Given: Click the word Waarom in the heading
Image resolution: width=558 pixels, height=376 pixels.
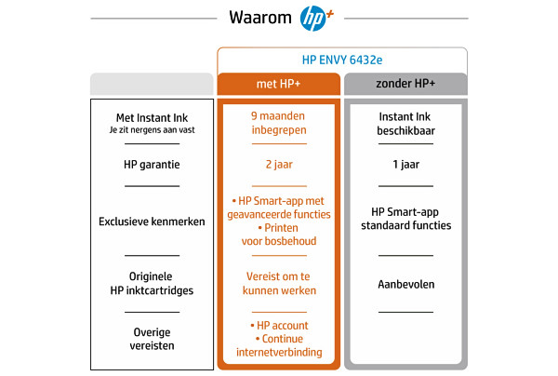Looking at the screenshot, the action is pyautogui.click(x=260, y=18).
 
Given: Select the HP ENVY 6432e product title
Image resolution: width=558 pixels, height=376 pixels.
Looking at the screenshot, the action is pyautogui.click(x=342, y=60).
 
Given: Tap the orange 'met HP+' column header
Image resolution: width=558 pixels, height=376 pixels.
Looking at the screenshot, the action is pyautogui.click(x=279, y=84).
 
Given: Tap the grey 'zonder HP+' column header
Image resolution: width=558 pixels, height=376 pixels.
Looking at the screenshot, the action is pyautogui.click(x=405, y=84).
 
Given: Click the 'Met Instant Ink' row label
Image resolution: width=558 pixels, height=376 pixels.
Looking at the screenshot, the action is pyautogui.click(x=152, y=118).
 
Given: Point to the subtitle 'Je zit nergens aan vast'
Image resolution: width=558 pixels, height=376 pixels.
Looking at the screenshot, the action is pyautogui.click(x=152, y=130).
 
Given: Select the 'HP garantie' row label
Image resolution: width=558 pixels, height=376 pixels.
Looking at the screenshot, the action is pyautogui.click(x=152, y=165).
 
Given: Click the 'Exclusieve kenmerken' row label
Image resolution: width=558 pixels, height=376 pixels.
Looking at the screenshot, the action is pyautogui.click(x=152, y=222).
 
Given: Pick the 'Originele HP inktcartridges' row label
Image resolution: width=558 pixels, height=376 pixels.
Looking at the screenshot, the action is pyautogui.click(x=152, y=284).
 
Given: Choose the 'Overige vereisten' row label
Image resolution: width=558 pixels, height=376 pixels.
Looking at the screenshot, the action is pyautogui.click(x=152, y=339).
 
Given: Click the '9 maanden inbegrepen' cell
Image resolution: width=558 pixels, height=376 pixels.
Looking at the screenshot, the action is pyautogui.click(x=279, y=123).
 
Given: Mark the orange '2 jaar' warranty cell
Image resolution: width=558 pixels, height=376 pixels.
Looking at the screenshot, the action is pyautogui.click(x=279, y=165).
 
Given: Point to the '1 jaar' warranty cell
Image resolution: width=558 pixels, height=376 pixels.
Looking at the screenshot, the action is pyautogui.click(x=406, y=165).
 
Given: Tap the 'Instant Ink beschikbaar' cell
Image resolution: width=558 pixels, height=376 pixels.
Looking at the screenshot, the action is pyautogui.click(x=405, y=124).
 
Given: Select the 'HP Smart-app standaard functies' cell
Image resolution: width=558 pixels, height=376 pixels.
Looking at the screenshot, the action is pyautogui.click(x=406, y=219).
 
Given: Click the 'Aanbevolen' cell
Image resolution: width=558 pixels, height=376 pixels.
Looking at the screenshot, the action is pyautogui.click(x=406, y=285).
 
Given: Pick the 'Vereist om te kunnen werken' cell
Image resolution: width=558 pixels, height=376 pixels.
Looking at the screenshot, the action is pyautogui.click(x=279, y=284).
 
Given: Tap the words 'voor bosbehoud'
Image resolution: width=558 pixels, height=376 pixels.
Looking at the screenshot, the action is pyautogui.click(x=279, y=241).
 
